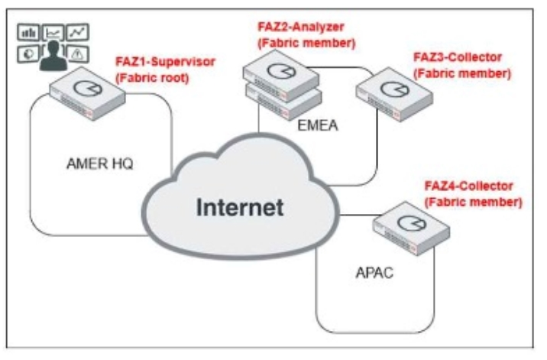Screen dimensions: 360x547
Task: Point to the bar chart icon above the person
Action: pyautogui.click(x=28, y=34)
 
